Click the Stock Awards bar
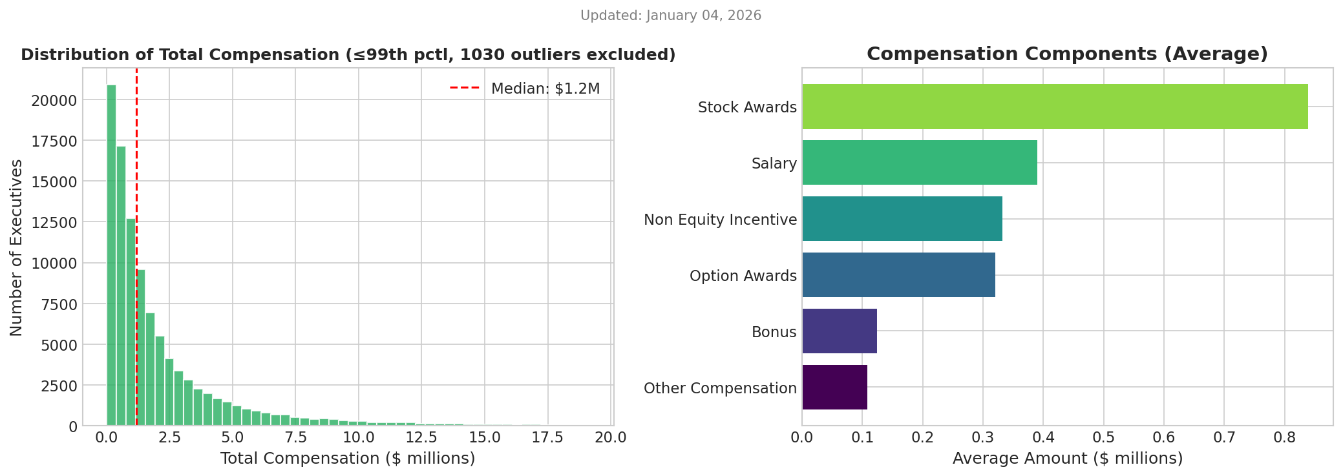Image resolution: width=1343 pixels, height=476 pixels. point(1055,107)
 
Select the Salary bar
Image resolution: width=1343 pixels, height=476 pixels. point(920,163)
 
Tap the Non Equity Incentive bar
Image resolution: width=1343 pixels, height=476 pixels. point(902,219)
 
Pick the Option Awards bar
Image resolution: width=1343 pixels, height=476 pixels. point(898,275)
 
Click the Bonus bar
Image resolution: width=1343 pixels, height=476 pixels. point(840,331)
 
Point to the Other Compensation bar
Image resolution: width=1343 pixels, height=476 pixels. point(834,388)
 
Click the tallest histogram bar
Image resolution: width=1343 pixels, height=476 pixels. point(111,255)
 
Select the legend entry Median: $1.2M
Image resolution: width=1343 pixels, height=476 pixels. point(525,88)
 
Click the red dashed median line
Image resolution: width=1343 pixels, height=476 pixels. point(136,247)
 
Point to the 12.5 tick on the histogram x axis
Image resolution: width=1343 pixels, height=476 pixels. point(421,438)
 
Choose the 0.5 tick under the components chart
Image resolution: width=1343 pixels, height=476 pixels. point(1103,438)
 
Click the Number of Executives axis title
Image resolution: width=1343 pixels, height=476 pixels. point(16,247)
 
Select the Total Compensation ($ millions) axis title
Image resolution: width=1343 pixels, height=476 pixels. point(348,459)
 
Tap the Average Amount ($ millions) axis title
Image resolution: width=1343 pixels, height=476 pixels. point(1068,459)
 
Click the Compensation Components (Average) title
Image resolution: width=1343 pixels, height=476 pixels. point(1067,54)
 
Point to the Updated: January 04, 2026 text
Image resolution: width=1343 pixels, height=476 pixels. point(671,16)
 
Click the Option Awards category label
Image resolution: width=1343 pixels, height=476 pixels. point(743,276)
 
